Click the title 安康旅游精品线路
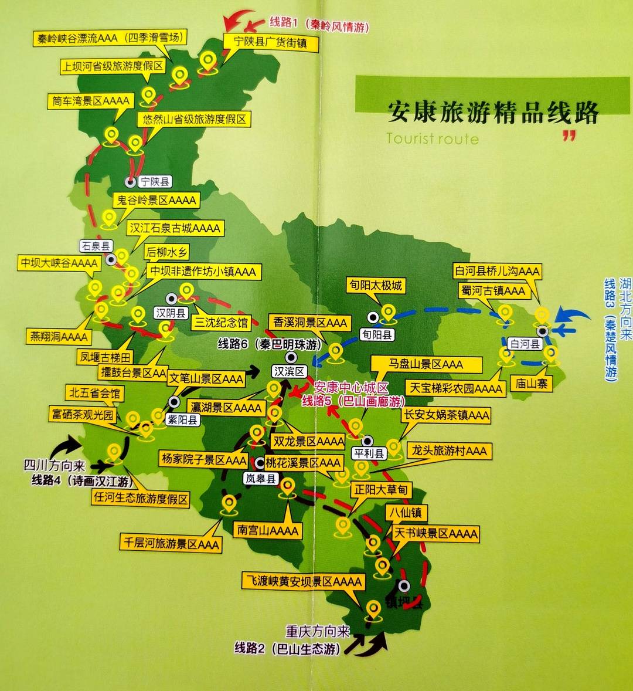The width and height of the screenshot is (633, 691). pos(492,112)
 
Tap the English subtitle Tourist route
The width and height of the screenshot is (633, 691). pos(433,139)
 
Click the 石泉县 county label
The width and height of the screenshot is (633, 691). pos(96,246)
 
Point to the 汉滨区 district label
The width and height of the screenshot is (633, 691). pos(290,371)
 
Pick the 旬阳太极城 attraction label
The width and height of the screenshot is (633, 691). pos(376,286)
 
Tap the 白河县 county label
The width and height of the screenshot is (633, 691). pos(525,344)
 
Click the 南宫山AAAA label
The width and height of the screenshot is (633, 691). pos(268,531)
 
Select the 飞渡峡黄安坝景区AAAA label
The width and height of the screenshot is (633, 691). pos(304,581)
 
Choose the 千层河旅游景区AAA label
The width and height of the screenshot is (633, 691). pos(170,543)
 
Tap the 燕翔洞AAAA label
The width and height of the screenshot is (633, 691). pos(59,337)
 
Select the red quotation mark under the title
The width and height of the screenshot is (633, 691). pos(569,136)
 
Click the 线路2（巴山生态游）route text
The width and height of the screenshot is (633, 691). pos(287,648)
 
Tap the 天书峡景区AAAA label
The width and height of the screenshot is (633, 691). pos(435,533)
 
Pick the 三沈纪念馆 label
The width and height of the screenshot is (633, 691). pos(221,323)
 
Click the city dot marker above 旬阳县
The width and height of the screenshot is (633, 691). pos(373,317)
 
